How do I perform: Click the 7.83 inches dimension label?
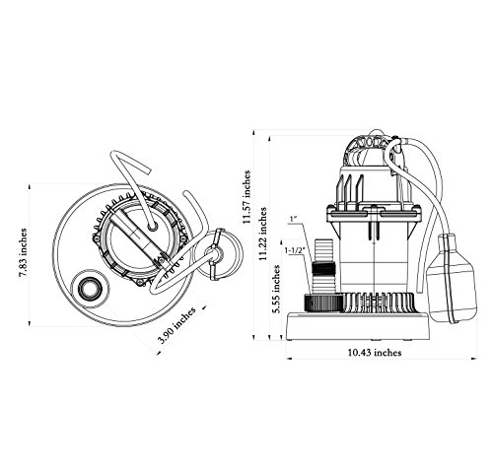pos(23,252)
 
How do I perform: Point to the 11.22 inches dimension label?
pos(262,234)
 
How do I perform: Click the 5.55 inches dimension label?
pos(277,289)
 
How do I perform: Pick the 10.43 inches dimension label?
pos(375,353)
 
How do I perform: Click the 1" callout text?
pos(293,219)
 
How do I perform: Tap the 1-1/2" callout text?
pos(294,250)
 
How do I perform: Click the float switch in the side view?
pos(454,279)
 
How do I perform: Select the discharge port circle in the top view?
pos(90,289)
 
